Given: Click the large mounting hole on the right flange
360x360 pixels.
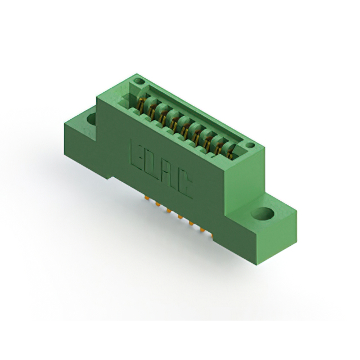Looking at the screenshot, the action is (x=263, y=214).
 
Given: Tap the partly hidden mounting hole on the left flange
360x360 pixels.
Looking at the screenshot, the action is (x=92, y=119).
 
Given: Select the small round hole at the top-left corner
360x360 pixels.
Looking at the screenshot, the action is (x=139, y=81).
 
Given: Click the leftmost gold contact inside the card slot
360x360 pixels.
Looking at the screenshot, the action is (x=141, y=105).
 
